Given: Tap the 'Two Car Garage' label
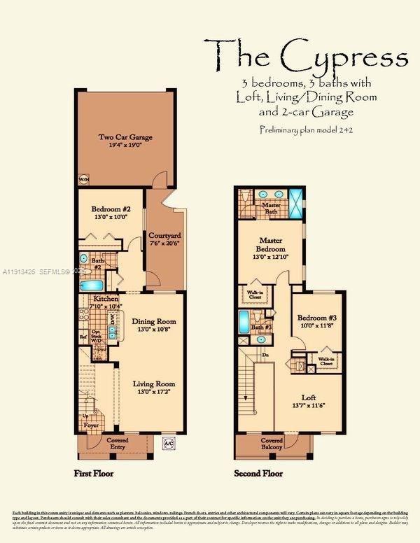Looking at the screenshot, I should pyautogui.click(x=125, y=137).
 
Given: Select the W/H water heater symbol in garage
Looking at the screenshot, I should pyautogui.click(x=83, y=178).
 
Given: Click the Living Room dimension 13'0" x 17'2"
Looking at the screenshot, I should pyautogui.click(x=155, y=392).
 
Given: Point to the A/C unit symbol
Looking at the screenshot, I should pyautogui.click(x=168, y=442).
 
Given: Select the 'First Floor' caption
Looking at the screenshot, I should pyautogui.click(x=94, y=474).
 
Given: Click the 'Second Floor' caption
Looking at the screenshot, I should pyautogui.click(x=258, y=474).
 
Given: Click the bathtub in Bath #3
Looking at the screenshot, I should pyautogui.click(x=242, y=322).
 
